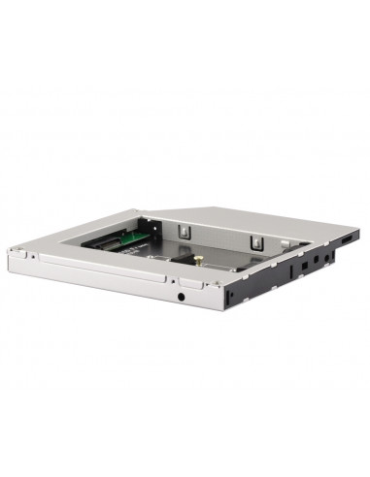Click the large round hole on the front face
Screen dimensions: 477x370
pos(183,292)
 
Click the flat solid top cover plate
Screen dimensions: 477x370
pos(291,223)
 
